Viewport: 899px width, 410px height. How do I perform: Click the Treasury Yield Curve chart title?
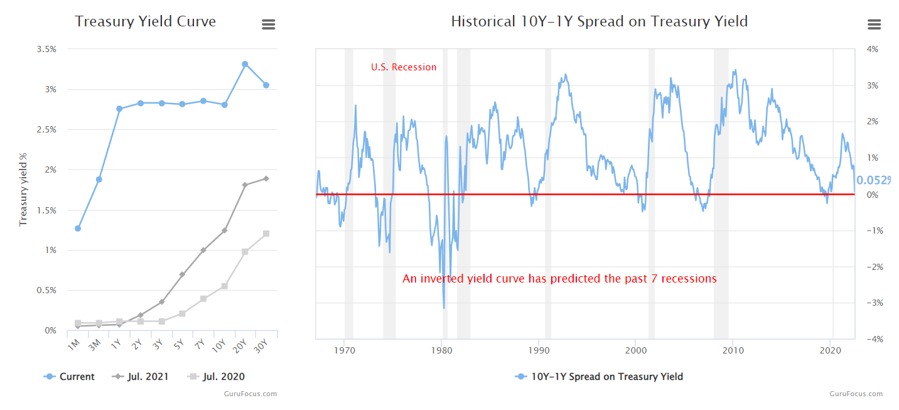(x=145, y=21)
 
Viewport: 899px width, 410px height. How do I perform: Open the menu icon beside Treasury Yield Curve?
(x=268, y=24)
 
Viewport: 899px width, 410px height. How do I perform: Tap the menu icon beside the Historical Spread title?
(x=874, y=24)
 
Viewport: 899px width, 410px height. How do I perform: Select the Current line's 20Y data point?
(x=245, y=64)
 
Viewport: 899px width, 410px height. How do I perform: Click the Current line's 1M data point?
(x=78, y=229)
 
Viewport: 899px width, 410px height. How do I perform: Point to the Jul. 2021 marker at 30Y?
(x=266, y=178)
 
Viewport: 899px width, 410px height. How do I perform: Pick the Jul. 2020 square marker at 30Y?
(x=266, y=234)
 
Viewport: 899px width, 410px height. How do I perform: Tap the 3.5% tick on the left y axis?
(x=45, y=49)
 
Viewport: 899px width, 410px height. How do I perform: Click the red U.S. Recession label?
(x=403, y=67)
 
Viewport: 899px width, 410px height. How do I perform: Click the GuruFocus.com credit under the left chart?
(x=250, y=394)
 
